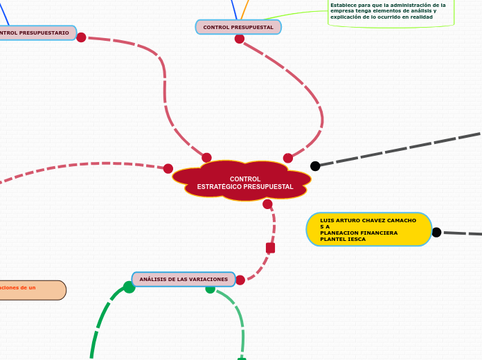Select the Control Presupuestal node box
(x=238, y=27)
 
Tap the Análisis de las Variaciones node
(x=184, y=279)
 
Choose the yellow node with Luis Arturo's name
(x=368, y=229)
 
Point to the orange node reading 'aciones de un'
(x=32, y=289)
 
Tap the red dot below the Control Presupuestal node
(x=240, y=39)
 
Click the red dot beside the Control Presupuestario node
(x=81, y=37)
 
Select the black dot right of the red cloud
(x=315, y=165)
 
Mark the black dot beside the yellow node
(x=436, y=233)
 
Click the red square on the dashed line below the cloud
(x=270, y=248)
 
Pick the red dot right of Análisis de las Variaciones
(x=240, y=280)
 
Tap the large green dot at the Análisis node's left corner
(x=129, y=287)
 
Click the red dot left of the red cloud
(x=168, y=168)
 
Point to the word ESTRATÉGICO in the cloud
(x=220, y=187)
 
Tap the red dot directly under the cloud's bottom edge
(x=267, y=204)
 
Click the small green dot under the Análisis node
(x=210, y=289)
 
